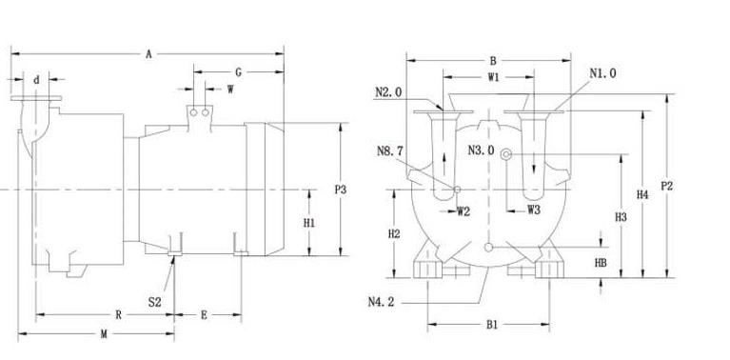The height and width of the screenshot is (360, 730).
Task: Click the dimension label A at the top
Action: (148, 54)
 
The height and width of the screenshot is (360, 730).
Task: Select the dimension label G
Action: (238, 72)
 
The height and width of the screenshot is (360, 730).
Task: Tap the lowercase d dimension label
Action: (36, 80)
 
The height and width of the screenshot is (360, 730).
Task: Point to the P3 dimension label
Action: (341, 190)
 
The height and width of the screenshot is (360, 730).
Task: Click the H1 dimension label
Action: (309, 223)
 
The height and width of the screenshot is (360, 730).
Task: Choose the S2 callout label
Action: (154, 302)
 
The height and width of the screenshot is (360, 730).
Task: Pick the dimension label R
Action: (118, 315)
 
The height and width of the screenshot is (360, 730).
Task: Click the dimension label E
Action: (204, 315)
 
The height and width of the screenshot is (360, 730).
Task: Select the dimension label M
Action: (104, 334)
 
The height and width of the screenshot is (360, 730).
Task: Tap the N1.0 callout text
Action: (602, 73)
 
